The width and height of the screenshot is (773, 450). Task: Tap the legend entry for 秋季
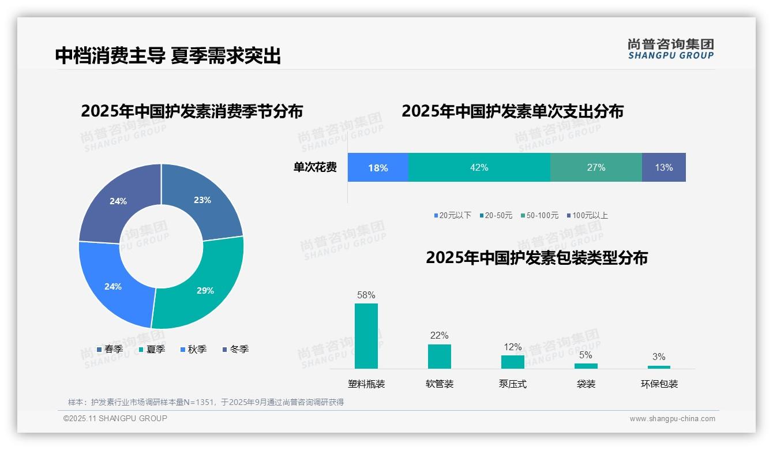click(193, 349)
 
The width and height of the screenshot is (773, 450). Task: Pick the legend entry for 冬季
click(235, 349)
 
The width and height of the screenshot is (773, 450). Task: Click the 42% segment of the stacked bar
click(479, 167)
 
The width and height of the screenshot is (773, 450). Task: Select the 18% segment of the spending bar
click(378, 168)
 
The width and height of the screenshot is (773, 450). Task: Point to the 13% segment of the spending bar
click(663, 167)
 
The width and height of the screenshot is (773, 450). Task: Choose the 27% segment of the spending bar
click(596, 167)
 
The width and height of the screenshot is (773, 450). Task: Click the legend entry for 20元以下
click(453, 215)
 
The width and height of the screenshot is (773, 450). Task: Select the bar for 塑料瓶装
click(366, 336)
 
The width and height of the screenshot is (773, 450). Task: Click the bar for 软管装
click(440, 356)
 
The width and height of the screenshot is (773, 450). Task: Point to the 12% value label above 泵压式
click(513, 347)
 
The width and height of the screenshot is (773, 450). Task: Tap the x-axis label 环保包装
click(659, 384)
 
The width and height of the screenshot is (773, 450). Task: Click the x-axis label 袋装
click(586, 384)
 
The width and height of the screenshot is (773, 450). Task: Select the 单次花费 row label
click(315, 167)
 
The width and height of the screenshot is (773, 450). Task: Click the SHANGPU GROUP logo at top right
click(671, 49)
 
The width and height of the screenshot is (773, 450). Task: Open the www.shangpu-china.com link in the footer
click(672, 419)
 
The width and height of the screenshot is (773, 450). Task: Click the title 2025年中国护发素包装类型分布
click(536, 257)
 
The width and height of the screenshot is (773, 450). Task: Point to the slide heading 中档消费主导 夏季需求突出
click(168, 55)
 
